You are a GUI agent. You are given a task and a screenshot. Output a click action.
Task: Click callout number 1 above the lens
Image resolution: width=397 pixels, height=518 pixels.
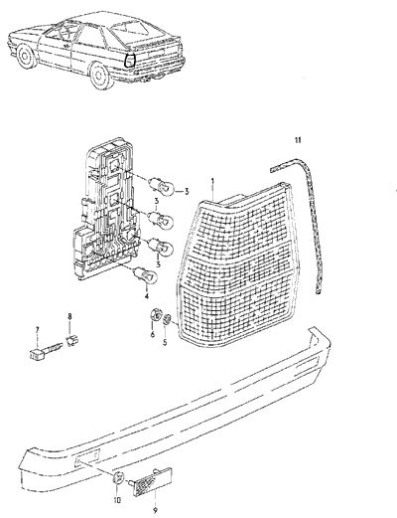[x=212, y=181]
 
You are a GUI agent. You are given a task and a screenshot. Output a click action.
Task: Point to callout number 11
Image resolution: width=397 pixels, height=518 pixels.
[x=298, y=140]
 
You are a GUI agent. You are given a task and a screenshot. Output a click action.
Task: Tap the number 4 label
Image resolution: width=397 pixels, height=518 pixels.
[x=147, y=295]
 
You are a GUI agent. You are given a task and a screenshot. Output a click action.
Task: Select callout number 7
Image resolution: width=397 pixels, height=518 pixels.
[x=37, y=330]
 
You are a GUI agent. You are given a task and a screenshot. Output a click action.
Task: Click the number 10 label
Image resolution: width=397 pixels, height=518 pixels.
[x=117, y=500]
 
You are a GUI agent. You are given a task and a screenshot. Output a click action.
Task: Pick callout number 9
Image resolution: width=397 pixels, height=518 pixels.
[x=155, y=510]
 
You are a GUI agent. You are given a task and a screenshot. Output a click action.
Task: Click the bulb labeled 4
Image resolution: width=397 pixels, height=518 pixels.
[x=145, y=274]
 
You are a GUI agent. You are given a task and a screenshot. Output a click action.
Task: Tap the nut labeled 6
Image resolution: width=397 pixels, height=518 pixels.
[x=155, y=314]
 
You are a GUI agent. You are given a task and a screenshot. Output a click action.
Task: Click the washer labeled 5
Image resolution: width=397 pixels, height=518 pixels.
[x=168, y=319]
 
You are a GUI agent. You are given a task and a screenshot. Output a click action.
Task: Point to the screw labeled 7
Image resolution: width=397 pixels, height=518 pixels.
[x=44, y=350]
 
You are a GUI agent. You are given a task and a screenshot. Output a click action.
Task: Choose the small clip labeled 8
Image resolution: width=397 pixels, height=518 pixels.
[x=70, y=340]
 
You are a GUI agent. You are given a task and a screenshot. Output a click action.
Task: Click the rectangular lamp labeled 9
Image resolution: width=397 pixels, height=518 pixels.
[x=153, y=481]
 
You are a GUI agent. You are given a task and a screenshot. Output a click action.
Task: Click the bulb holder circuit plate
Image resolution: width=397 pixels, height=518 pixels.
[x=107, y=209]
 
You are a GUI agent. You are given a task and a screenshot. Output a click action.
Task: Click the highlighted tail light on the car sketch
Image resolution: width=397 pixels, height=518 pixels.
[x=129, y=61]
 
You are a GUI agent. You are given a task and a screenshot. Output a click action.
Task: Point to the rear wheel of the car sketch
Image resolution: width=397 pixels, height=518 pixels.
[x=100, y=77]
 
